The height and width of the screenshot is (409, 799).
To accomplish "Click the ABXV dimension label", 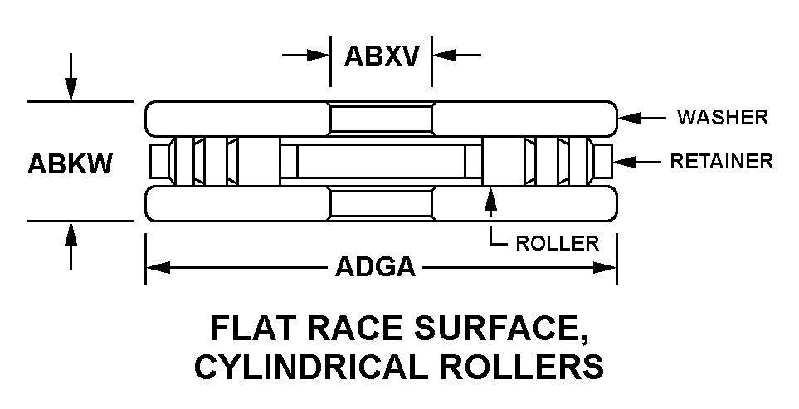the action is pos(382,56).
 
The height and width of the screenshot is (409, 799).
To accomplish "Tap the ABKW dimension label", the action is pos(70,164).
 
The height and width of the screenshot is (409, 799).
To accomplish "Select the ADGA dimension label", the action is pos(375,267).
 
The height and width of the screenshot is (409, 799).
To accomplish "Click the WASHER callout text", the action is pos(723,117).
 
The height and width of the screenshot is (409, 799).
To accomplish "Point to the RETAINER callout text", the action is pos(722,162).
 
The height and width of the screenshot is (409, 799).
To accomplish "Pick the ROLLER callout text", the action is pos(558,243).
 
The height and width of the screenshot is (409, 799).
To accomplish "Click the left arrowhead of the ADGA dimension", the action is pos(158,267).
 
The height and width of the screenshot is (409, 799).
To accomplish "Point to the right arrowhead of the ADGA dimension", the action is pos(605,267).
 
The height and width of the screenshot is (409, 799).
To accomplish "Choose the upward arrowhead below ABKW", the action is pos(71,234).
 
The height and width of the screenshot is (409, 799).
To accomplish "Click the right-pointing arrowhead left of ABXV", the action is pos(318,55).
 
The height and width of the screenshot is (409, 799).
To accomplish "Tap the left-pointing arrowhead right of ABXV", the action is pos(444,55).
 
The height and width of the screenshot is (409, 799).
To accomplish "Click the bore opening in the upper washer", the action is pos(381,119).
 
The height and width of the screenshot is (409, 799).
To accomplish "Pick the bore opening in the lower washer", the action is pos(381,204).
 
